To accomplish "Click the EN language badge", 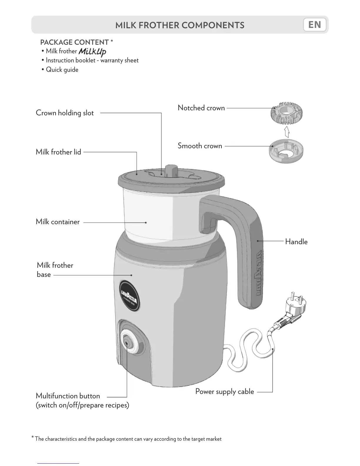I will (314, 25).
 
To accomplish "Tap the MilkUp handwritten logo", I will (92, 52).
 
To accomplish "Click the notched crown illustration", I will (286, 114).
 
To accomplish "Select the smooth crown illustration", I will (286, 151).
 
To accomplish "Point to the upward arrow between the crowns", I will (287, 132).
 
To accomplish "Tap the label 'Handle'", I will (296, 242).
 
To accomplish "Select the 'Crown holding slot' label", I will (65, 113).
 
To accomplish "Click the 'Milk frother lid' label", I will (58, 152).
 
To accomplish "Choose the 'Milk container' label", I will (58, 222).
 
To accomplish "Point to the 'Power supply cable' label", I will (224, 392).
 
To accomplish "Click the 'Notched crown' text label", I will (201, 108).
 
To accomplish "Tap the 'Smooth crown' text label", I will (200, 146).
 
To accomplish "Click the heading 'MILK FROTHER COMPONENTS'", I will (180, 25).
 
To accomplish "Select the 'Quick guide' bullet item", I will (62, 70).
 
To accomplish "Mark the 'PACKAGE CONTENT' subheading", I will (74, 42).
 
